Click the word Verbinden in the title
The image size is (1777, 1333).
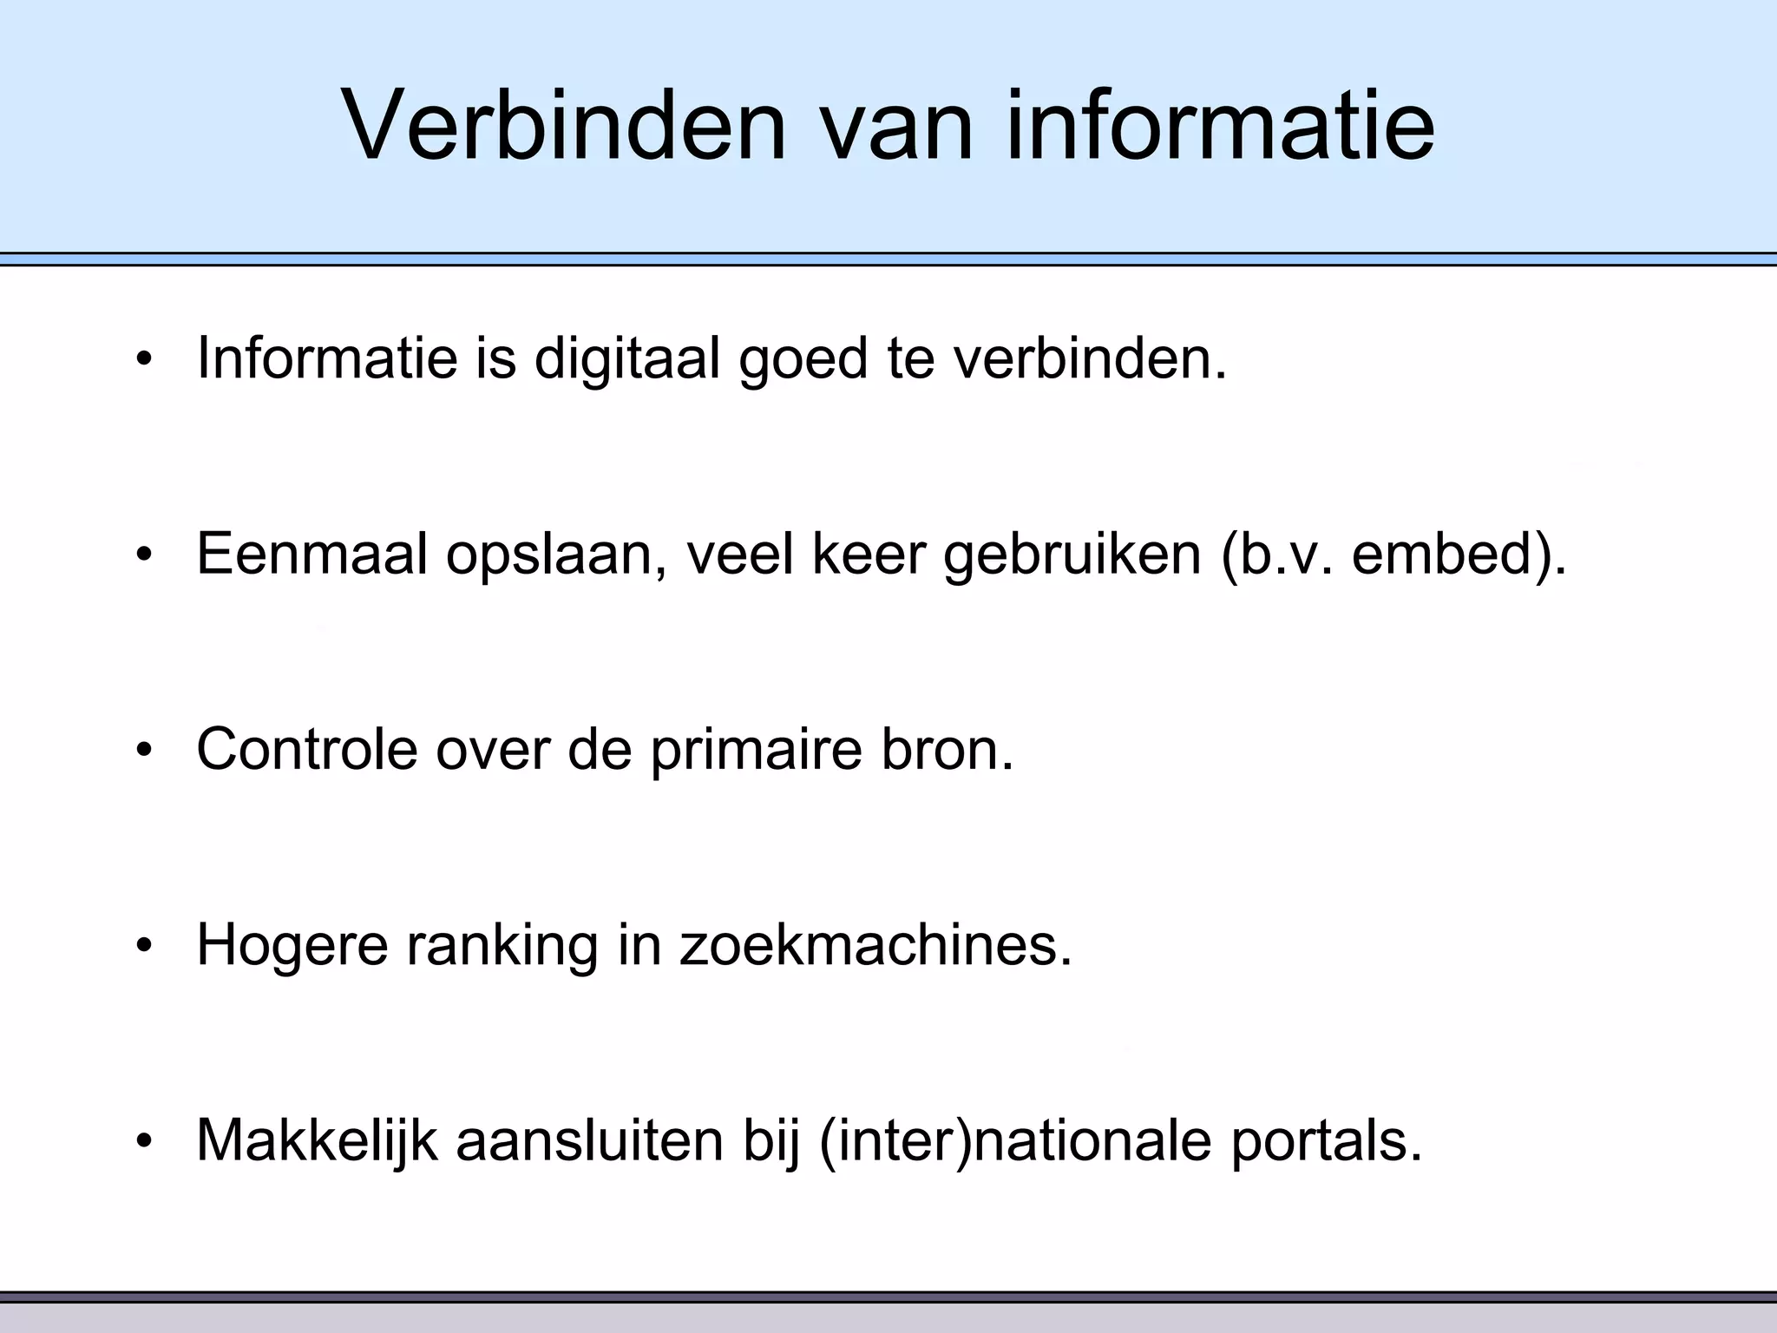(563, 126)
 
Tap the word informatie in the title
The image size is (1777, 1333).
(1219, 126)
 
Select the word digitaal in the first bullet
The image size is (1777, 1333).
(626, 358)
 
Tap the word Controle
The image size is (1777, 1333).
(306, 749)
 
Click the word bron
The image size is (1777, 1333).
(948, 749)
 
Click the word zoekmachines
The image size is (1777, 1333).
(875, 944)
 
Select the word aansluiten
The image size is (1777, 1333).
(589, 1139)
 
